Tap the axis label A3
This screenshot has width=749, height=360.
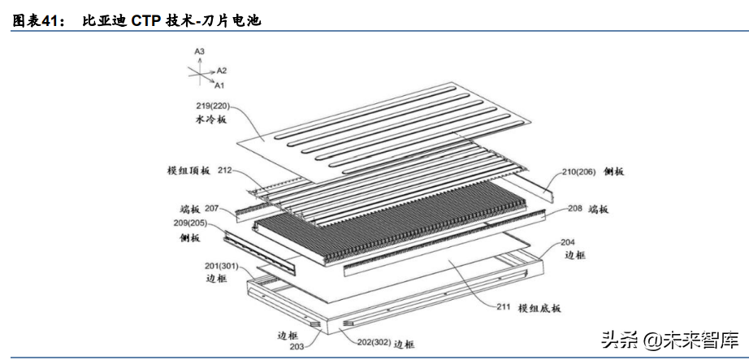(199, 52)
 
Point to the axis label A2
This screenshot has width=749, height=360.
(222, 71)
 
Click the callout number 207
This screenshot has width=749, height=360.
(213, 209)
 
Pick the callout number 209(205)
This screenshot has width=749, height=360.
(196, 223)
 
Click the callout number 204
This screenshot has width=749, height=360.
(568, 242)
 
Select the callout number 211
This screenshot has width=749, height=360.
(503, 306)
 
